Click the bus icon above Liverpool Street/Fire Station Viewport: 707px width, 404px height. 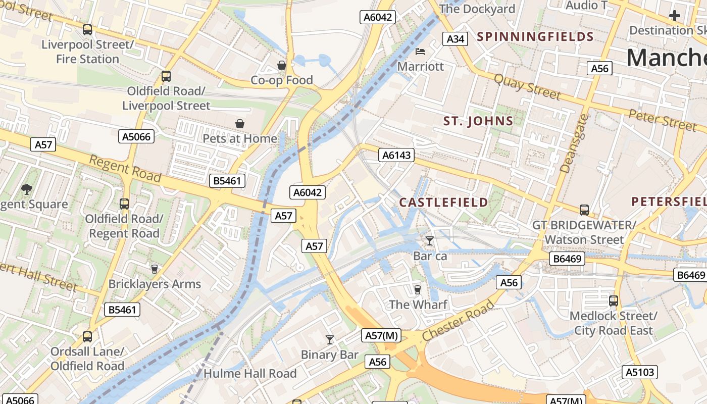(87, 30)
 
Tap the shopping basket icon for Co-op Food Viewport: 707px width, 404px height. (282, 65)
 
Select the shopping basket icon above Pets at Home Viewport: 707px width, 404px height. (239, 124)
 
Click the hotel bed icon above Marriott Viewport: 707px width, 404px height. (420, 52)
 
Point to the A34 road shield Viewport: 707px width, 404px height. (455, 39)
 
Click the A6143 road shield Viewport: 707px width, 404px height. (396, 155)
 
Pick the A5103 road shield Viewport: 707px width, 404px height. (640, 372)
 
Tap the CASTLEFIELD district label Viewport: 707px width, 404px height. (444, 203)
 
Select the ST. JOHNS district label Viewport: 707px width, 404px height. (478, 121)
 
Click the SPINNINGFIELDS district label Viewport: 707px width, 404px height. (535, 36)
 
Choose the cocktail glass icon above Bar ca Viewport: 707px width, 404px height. (429, 241)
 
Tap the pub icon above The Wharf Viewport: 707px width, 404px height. (417, 289)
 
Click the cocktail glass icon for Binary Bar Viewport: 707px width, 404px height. (330, 340)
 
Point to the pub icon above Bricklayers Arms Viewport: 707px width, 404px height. (155, 269)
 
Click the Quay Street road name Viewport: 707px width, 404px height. (527, 87)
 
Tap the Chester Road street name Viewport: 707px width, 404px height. (458, 321)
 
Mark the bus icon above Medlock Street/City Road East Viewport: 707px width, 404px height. (614, 301)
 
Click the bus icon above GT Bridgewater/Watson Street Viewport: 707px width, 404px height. (584, 210)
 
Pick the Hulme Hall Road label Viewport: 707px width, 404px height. (250, 374)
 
